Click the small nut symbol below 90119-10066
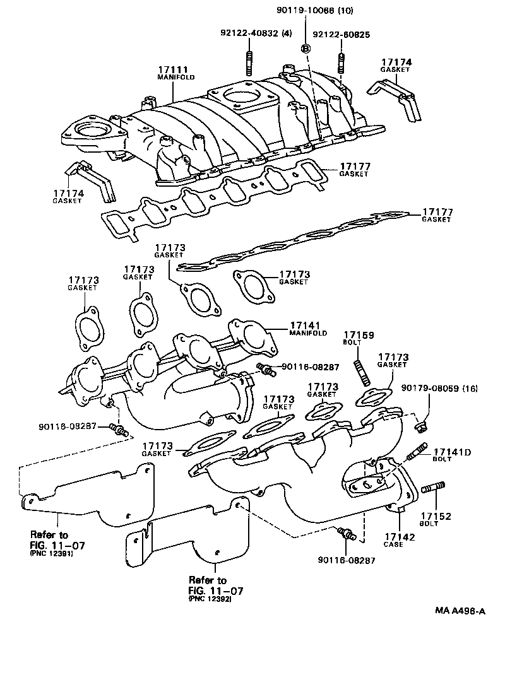point(306,48)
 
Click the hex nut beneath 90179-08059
point(422,430)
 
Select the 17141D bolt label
point(451,452)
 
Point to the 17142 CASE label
point(400,539)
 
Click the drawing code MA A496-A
point(460,611)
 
